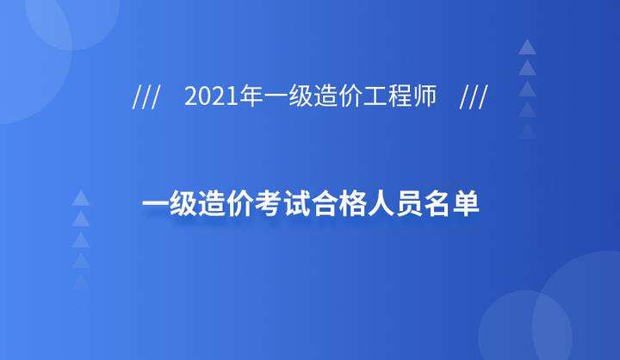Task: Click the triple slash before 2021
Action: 146,97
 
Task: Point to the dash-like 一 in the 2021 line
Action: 276,97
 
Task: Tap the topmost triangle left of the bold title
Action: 81,198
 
